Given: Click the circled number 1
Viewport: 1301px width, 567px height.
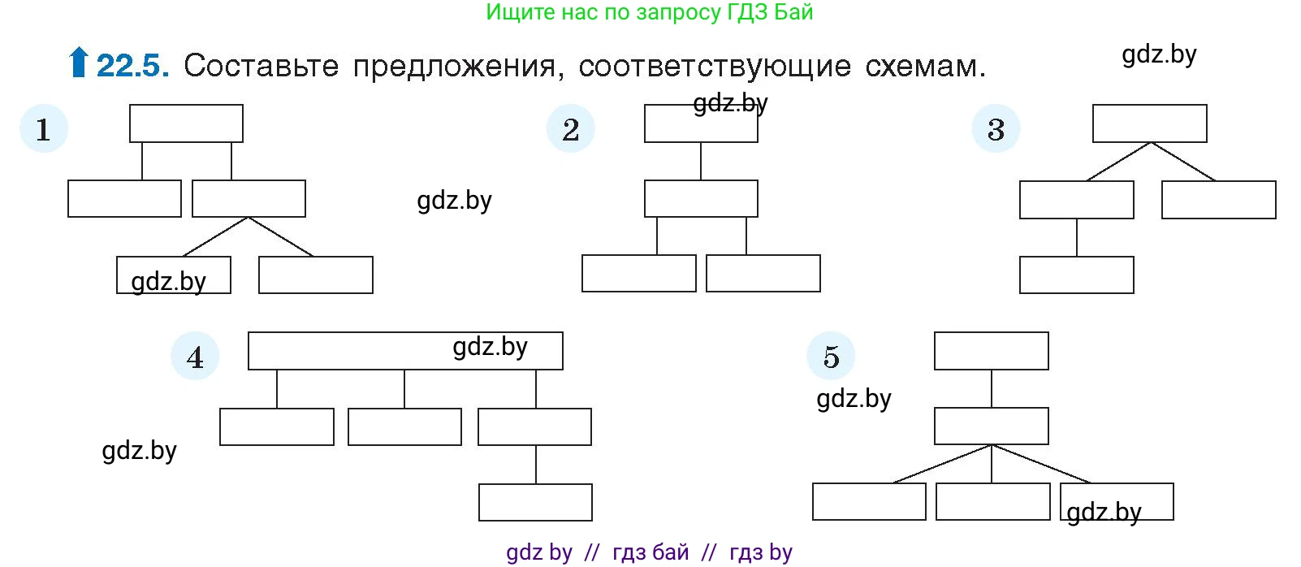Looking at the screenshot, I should (44, 129).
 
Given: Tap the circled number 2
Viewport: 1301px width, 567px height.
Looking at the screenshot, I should (571, 129).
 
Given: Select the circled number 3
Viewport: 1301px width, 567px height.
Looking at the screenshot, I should (996, 129).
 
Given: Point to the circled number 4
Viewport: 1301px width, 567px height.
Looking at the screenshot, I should (195, 357).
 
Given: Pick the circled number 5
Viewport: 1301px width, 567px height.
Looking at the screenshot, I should (831, 357).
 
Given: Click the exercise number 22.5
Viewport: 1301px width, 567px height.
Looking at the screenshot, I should (133, 66).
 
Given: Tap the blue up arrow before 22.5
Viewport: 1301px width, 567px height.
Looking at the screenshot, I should (78, 63).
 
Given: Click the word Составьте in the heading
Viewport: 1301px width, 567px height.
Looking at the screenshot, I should (261, 66).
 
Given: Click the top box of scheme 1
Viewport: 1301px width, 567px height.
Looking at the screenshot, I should (186, 123).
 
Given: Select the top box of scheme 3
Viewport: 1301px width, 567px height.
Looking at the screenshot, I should (1149, 123).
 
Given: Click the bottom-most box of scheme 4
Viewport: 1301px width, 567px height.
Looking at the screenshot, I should (535, 502).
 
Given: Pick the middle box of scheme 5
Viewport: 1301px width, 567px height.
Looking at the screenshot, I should (991, 426).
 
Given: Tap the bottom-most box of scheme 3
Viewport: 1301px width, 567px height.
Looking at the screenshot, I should (1076, 275).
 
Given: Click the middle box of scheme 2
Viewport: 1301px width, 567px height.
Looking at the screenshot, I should (701, 199).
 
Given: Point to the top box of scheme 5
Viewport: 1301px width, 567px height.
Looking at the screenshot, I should (991, 351).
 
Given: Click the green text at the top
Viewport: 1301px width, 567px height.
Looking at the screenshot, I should (649, 12).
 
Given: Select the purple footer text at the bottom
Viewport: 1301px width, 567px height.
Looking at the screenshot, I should (649, 552).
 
